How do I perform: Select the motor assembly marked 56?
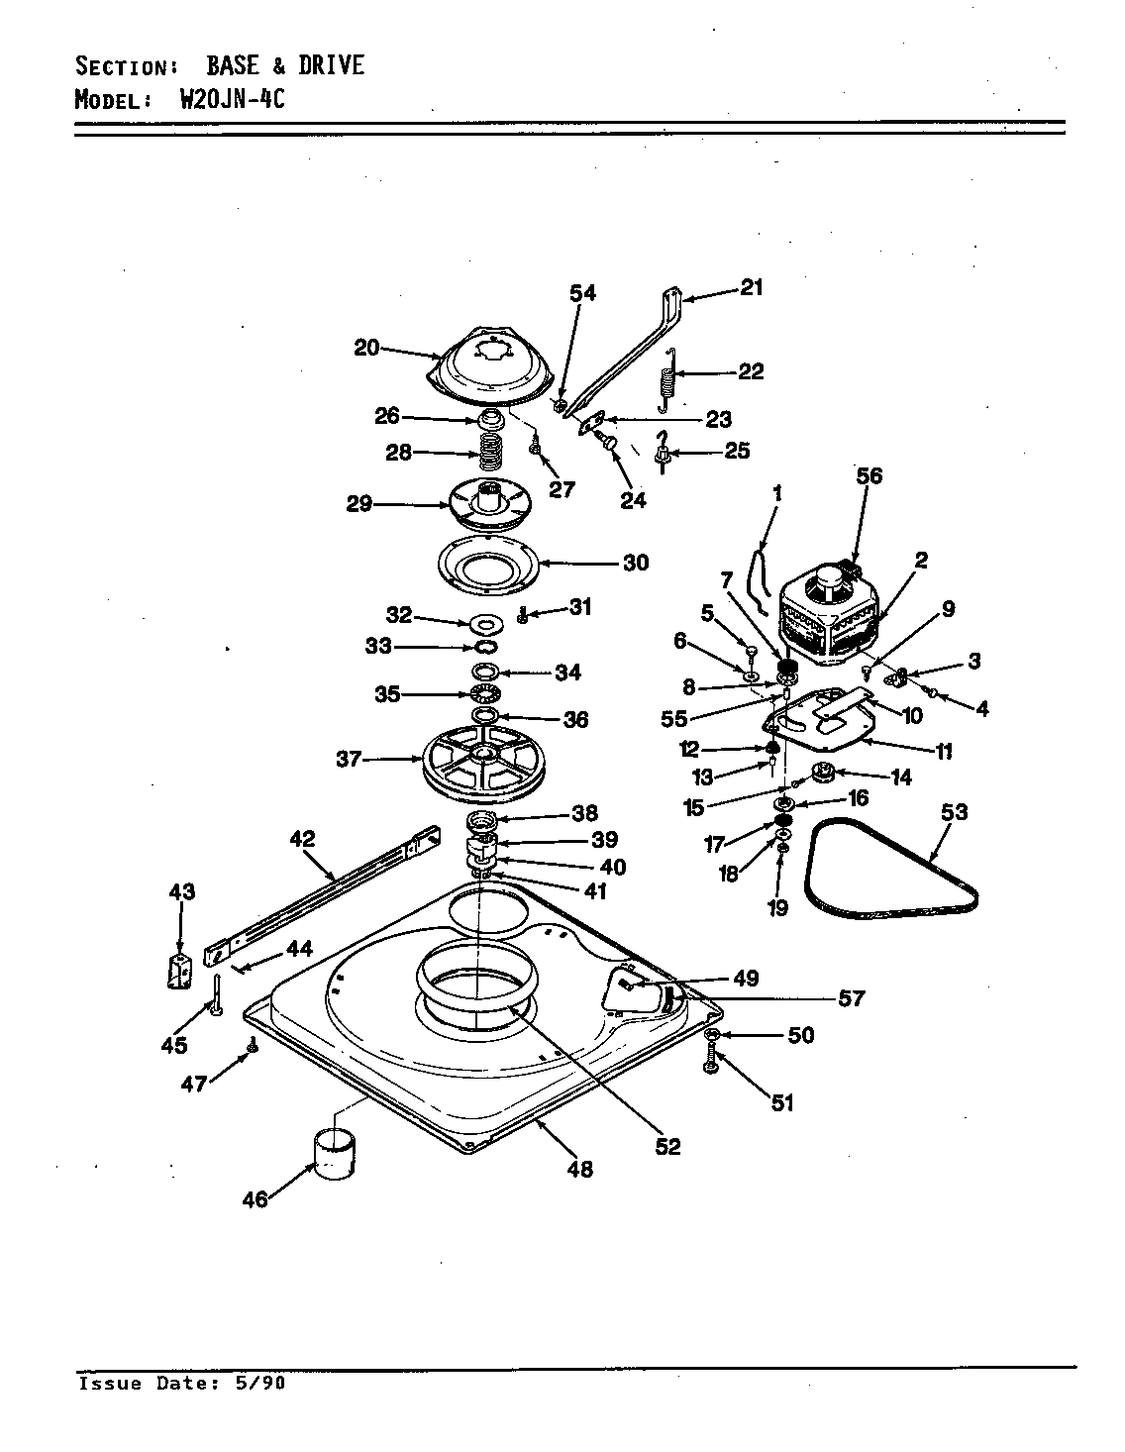pyautogui.click(x=830, y=614)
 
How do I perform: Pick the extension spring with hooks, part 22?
pyautogui.click(x=669, y=379)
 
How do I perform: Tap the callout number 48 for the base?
pyautogui.click(x=580, y=1169)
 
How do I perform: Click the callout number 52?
pyautogui.click(x=668, y=1146)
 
